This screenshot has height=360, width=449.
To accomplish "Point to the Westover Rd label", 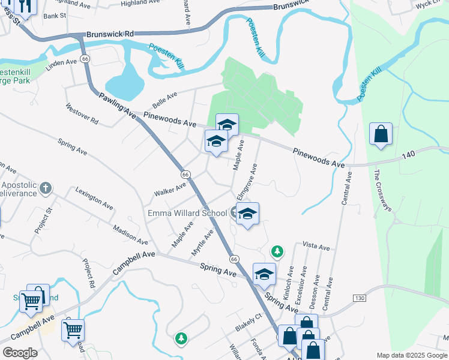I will pos(82,112).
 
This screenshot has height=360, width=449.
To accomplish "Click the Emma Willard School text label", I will pos(187,213).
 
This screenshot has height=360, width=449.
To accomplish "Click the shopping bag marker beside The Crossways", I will pos(381,134).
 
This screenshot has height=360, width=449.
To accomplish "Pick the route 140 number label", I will pos(408,155).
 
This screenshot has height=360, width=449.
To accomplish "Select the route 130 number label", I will pos(360,298).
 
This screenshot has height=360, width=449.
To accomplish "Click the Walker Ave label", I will pos(170,189).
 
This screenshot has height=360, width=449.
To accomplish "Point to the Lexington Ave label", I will pos(94,198).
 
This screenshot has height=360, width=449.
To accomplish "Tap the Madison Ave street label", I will pos(130,235).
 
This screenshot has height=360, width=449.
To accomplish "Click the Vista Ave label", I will pos(316,247).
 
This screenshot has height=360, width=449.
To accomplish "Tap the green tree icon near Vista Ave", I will pos(277,250).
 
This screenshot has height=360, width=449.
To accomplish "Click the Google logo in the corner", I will pos(20,353).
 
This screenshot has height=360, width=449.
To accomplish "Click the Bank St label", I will pos(55,16).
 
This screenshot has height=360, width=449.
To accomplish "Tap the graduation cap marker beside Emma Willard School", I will pos(247,214).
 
